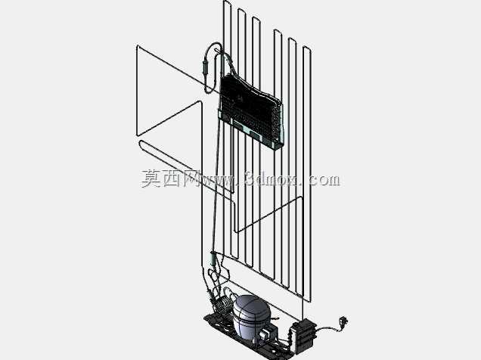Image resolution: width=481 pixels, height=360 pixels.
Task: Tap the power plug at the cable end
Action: (343, 321)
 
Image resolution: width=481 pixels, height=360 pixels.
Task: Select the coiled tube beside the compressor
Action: (223, 303)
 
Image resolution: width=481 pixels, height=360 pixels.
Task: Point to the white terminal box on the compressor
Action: (265, 334)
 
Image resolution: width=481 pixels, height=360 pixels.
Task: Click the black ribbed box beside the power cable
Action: (303, 335)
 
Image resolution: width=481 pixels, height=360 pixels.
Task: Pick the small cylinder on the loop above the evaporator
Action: (205, 67)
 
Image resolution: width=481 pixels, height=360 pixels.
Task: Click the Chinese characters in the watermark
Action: (169, 178)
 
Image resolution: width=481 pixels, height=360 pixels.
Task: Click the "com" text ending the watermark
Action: (324, 180)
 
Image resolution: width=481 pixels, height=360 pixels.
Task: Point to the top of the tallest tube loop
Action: (228, 2)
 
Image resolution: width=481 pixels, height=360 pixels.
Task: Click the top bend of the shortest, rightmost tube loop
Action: (307, 48)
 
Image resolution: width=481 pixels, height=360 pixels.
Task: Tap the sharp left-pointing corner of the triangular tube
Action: (136, 135)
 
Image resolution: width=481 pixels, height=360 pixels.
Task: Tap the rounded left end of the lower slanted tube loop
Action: (141, 144)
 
